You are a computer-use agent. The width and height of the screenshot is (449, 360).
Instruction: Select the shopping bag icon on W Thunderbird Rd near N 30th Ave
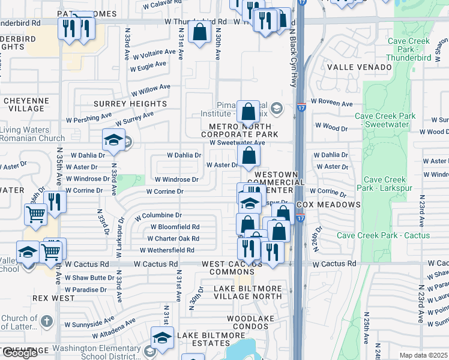click(200, 33)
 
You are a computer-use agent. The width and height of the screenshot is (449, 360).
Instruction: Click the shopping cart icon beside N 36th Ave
click(35, 213)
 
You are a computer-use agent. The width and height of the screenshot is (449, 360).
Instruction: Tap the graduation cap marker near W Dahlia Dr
click(113, 140)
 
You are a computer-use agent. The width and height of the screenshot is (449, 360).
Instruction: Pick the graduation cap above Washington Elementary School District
click(161, 338)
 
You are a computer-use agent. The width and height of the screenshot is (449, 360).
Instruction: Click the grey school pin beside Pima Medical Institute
click(276, 108)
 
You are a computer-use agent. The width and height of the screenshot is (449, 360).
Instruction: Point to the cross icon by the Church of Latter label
click(46, 321)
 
